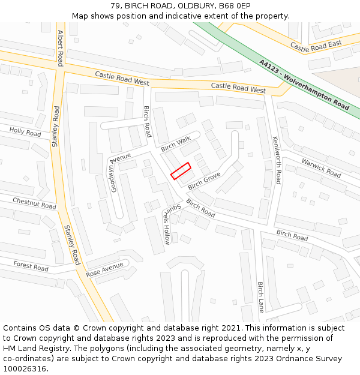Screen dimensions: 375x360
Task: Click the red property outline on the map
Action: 181,171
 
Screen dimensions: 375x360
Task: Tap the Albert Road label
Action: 61,47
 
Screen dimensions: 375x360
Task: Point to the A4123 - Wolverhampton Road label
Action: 304,84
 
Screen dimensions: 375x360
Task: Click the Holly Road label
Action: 25,132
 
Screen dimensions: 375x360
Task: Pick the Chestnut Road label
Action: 34,203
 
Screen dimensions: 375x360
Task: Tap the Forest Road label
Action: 31,266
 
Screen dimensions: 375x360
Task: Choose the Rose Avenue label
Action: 104,269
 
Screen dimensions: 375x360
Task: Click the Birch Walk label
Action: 175,143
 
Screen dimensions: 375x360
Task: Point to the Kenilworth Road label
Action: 277,160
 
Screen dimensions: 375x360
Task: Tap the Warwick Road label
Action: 321,168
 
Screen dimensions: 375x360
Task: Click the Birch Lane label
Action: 260,296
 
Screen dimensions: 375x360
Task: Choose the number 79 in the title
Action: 115,5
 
